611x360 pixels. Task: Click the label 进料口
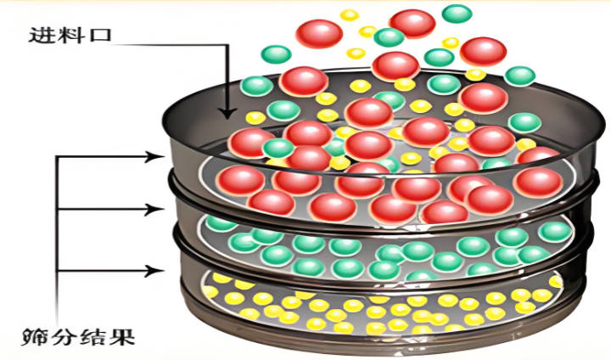click(x=71, y=37)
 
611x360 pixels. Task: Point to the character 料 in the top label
click(x=71, y=37)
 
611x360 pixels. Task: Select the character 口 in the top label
click(x=100, y=37)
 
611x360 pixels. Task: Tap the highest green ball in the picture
click(x=457, y=14)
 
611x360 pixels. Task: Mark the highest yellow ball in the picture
click(x=349, y=14)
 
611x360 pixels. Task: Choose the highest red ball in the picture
click(x=412, y=23)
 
